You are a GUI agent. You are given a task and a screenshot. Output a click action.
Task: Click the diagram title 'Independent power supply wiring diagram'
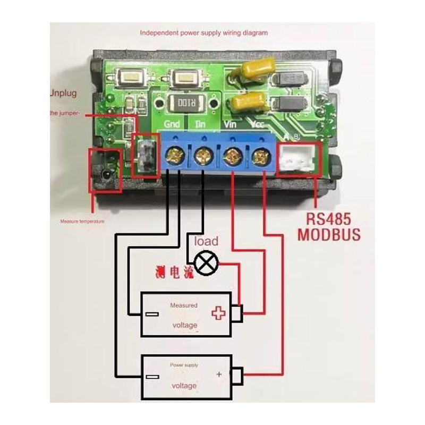point(203,32)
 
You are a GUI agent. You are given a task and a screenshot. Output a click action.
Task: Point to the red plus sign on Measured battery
point(218,313)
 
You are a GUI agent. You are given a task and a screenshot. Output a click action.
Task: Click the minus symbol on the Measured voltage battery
point(151,313)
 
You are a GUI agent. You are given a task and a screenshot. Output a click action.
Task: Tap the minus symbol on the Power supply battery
point(152,377)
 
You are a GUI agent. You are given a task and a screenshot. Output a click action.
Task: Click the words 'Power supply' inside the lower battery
point(183,365)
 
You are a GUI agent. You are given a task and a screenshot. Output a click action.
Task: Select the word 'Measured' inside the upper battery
point(183,305)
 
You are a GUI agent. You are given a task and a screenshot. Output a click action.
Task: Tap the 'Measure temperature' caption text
point(82,221)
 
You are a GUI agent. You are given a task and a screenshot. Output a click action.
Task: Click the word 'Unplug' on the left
point(63,93)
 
